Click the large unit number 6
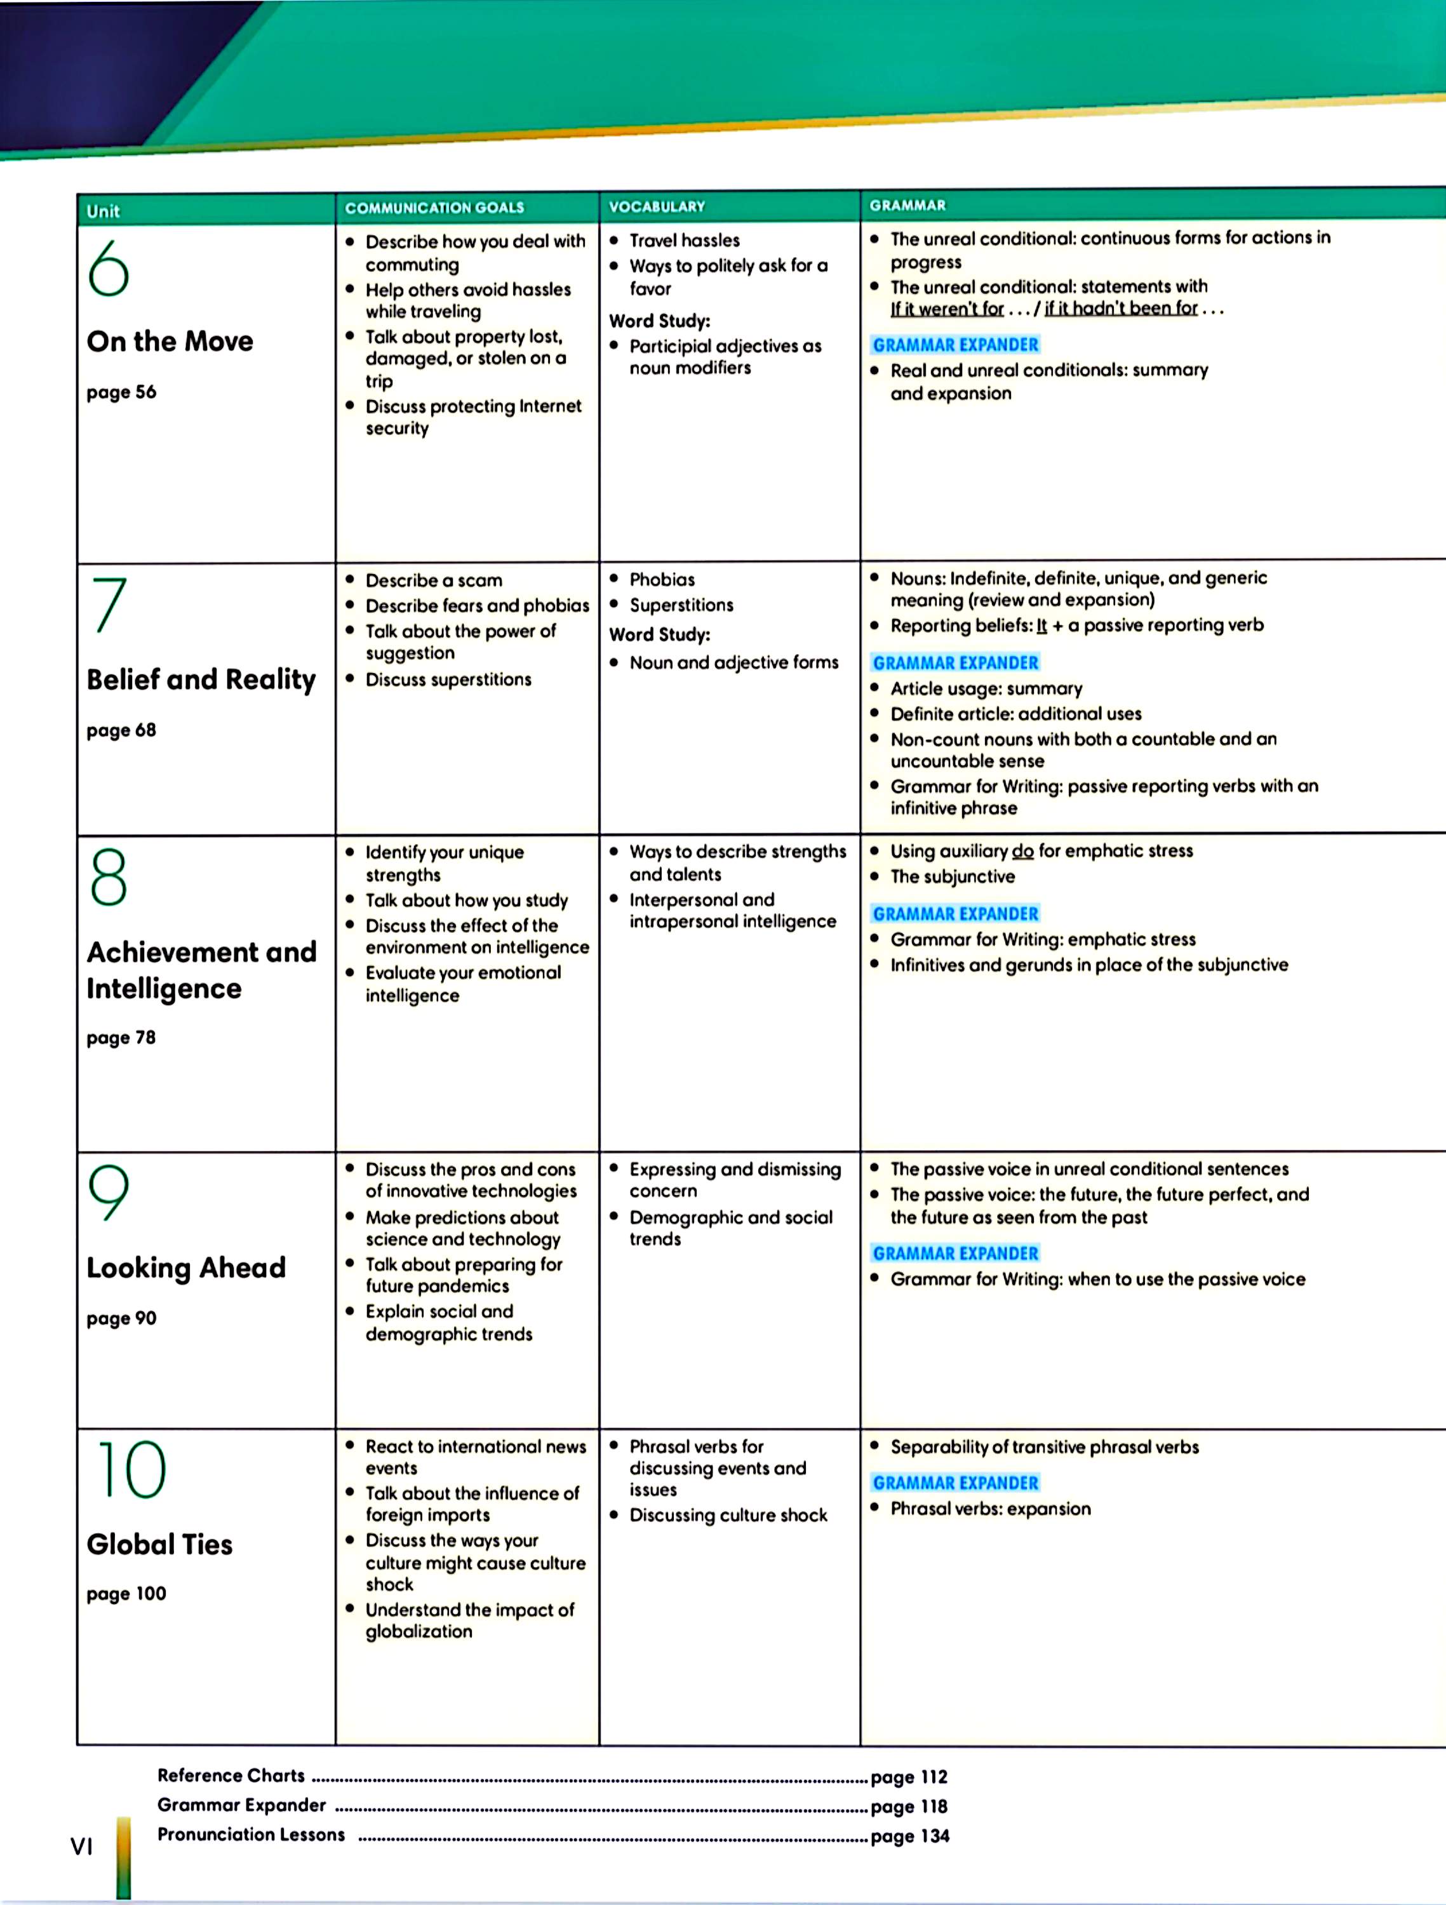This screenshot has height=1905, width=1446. coord(109,268)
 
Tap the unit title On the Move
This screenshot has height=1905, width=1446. coord(170,341)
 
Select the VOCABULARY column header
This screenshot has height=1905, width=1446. coord(656,206)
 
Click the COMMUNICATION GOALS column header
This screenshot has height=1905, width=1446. coord(434,208)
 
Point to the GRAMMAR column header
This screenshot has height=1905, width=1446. coord(907,206)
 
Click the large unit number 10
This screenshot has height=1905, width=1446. coord(131,1470)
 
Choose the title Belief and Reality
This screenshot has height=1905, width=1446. coord(201,679)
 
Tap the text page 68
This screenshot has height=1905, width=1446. coord(121,730)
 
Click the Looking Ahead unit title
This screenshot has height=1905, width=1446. coord(186,1267)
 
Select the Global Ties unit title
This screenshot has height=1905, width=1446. coord(159,1544)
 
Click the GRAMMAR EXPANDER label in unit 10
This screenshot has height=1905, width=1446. coord(955,1483)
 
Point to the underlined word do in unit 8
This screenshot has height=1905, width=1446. coord(1022,851)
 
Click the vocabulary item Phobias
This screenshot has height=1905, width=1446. coord(662,580)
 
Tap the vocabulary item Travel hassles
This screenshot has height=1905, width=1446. coord(684,240)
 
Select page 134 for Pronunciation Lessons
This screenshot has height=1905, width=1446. coord(909,1835)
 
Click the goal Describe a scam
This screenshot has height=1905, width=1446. coord(433,580)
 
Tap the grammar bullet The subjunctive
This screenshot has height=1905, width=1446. coord(953,877)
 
